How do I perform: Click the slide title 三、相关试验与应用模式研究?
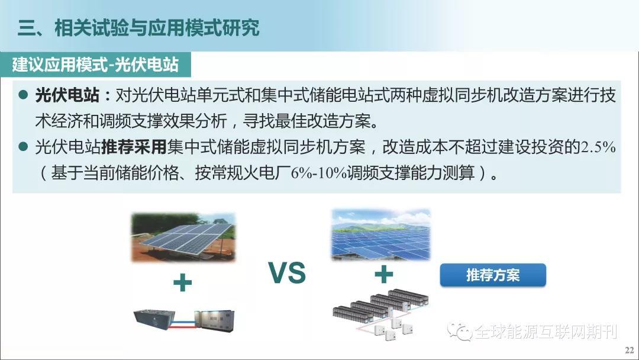(x=138, y=28)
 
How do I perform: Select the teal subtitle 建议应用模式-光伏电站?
(x=95, y=65)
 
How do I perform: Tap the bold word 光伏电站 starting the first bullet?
(x=67, y=95)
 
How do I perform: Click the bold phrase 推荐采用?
(x=134, y=147)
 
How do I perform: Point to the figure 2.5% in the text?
(x=598, y=147)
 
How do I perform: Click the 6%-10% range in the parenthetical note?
(x=319, y=173)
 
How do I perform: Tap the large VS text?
(x=288, y=273)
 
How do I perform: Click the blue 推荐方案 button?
(x=493, y=275)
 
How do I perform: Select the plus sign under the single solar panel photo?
(x=183, y=282)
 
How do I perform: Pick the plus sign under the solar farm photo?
(x=384, y=274)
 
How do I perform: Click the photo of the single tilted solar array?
(x=183, y=237)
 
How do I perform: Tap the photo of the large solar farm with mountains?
(x=381, y=235)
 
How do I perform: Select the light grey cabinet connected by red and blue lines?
(x=214, y=320)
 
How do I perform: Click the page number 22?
(x=629, y=350)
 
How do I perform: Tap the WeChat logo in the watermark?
(x=460, y=332)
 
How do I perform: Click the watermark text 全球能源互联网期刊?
(x=546, y=332)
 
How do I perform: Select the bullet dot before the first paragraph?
(x=23, y=95)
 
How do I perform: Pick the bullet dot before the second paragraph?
(x=23, y=146)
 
